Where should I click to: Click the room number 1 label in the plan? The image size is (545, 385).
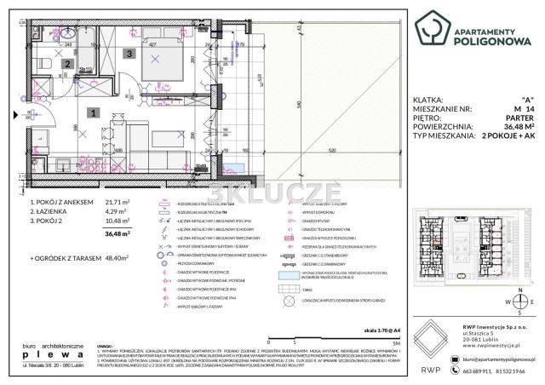[95, 112]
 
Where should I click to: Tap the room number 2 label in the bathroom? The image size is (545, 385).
[67, 63]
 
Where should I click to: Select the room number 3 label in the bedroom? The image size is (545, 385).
[129, 54]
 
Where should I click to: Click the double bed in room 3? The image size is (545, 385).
[158, 60]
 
